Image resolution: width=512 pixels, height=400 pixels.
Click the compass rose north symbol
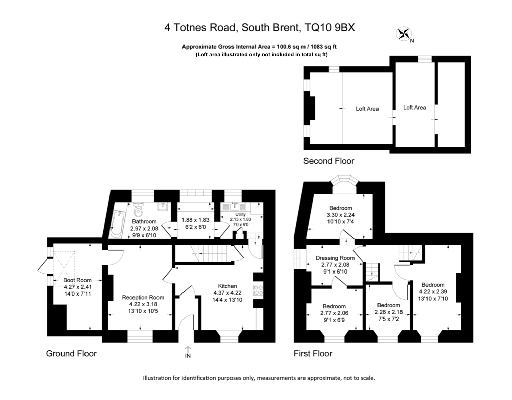pyautogui.click(x=404, y=33)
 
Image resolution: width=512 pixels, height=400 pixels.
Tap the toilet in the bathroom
pyautogui.click(x=138, y=210)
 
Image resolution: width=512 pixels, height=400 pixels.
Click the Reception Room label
pyautogui.click(x=143, y=298)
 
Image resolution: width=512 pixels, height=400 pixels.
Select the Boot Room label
pyautogui.click(x=77, y=280)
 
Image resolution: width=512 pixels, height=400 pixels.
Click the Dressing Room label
pyautogui.click(x=335, y=258)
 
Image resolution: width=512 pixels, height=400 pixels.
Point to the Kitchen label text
pyautogui.click(x=227, y=286)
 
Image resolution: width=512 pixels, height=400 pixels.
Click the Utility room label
pyautogui.click(x=241, y=214)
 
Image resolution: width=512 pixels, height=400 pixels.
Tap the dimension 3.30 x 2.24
pyautogui.click(x=340, y=215)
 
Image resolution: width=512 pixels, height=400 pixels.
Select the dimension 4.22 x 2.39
pyautogui.click(x=433, y=292)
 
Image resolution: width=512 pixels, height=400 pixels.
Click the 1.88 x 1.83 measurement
pyautogui.click(x=195, y=220)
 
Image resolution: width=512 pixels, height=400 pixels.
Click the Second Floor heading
pyautogui.click(x=328, y=161)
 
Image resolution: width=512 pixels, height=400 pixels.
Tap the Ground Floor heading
pyautogui.click(x=71, y=354)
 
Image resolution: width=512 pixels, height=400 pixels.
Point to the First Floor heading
pyautogui.click(x=313, y=354)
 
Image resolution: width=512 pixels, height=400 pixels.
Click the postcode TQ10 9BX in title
pyautogui.click(x=330, y=27)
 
